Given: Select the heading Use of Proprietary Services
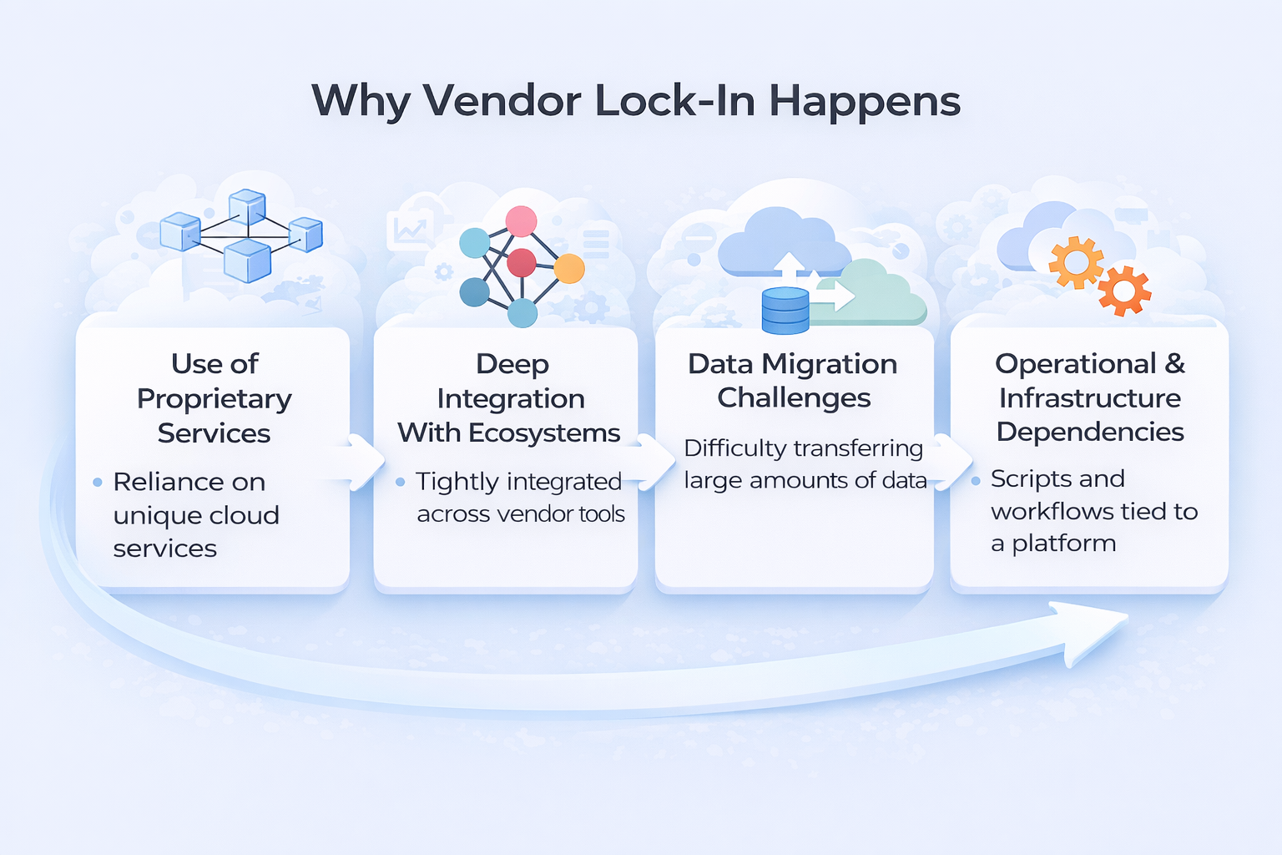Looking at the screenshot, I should (x=215, y=398).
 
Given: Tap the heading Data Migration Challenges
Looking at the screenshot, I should (x=793, y=381).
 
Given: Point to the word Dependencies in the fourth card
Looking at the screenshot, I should (x=1090, y=432).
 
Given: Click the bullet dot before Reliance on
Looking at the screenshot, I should (x=98, y=482).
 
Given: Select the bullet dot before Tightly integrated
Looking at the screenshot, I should (x=401, y=482).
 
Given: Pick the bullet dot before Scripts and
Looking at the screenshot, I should (x=975, y=480).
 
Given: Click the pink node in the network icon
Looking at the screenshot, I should (x=521, y=221).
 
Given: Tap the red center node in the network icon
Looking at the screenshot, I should (x=521, y=262).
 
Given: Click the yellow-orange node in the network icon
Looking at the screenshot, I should (x=569, y=269).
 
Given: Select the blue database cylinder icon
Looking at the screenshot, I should (x=785, y=311).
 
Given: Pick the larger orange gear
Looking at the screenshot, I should (x=1076, y=262).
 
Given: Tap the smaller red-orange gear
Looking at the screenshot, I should (x=1123, y=291).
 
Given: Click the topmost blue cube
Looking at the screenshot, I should (x=247, y=206).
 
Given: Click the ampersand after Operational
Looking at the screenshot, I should (x=1174, y=364).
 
